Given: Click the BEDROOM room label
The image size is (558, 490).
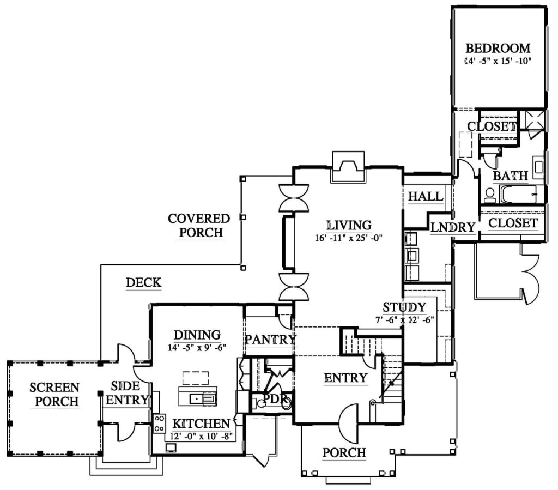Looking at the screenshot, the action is [x=498, y=48].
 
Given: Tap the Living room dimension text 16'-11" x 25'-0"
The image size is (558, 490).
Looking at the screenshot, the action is [x=348, y=238].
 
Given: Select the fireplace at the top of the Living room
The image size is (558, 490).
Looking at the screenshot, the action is [x=348, y=167].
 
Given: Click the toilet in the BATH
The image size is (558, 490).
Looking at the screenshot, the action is [x=490, y=195].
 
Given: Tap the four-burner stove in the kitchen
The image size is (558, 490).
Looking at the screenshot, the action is [x=160, y=424].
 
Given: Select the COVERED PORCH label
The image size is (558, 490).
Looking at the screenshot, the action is [x=199, y=225].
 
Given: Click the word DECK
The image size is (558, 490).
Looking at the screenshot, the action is [x=143, y=282].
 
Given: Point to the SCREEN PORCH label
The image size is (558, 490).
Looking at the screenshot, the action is [x=55, y=394].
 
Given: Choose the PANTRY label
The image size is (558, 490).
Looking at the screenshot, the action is [x=270, y=340].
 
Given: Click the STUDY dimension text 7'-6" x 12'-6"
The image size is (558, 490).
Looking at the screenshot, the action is [x=405, y=319].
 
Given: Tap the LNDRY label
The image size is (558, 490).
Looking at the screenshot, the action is [x=453, y=227].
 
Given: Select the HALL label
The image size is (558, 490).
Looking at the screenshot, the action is [x=426, y=196].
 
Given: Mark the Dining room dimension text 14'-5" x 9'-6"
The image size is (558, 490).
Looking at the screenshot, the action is [x=197, y=347].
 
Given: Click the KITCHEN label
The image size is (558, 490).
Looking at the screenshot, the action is [x=201, y=424].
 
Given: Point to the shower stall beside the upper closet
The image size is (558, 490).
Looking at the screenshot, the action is [x=532, y=120].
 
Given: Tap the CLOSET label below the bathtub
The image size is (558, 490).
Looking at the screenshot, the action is [x=513, y=223].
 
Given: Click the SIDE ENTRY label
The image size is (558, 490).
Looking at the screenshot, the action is [x=126, y=393].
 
